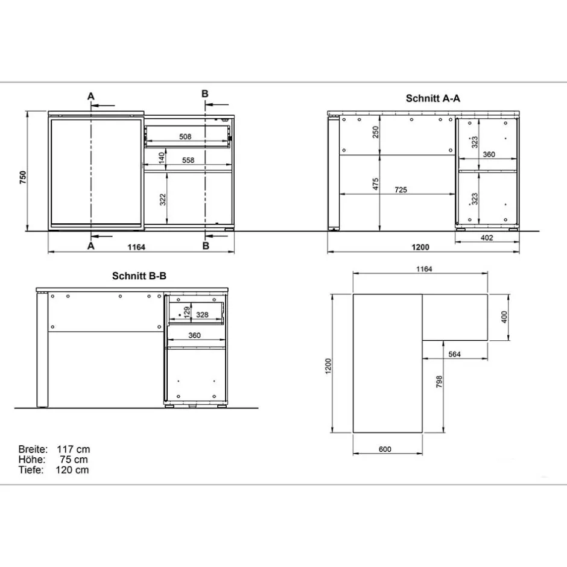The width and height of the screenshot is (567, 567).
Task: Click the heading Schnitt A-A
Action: tap(432, 98)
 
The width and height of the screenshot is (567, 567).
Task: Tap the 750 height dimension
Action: tap(22, 177)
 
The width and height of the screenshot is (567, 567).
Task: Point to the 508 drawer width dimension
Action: tap(186, 137)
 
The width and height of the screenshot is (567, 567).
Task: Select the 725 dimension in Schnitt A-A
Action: tap(401, 189)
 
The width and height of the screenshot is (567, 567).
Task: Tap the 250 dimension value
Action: tap(375, 133)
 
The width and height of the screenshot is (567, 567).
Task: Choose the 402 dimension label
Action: tap(487, 238)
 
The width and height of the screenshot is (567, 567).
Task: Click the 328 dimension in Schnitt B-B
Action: tap(202, 314)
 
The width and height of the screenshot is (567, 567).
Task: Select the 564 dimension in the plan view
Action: tap(454, 354)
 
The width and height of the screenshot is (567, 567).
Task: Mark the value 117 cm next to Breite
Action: tap(73, 449)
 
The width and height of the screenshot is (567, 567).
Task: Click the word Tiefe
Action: tap(30, 470)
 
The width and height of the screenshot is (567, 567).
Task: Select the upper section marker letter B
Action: tap(204, 93)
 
